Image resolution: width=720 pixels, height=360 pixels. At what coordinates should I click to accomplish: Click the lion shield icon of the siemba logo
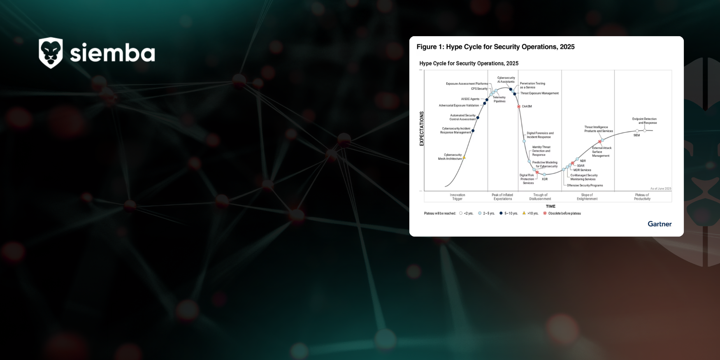click(51, 53)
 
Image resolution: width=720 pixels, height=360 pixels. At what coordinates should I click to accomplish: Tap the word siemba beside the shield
click(112, 53)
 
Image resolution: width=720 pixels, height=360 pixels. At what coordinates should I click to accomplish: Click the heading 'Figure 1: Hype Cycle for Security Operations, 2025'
click(495, 47)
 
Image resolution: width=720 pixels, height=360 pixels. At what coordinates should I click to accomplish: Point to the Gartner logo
click(660, 224)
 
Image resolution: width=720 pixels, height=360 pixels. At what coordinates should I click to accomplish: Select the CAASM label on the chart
click(527, 107)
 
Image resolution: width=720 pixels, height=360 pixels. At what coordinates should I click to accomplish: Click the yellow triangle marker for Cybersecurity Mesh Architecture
click(464, 158)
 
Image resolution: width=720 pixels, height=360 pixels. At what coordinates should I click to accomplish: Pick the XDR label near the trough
click(545, 179)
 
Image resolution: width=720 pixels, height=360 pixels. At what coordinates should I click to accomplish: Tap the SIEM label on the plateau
click(636, 135)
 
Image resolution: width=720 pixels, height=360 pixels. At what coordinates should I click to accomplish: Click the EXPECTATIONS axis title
click(421, 128)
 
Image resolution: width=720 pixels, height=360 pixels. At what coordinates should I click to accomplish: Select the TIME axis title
click(550, 207)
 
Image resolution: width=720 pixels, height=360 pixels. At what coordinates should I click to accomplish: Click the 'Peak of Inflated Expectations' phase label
click(502, 197)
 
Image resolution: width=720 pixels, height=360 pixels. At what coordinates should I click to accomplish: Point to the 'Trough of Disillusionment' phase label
click(540, 197)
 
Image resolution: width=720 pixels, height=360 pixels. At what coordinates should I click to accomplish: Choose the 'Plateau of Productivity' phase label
click(642, 197)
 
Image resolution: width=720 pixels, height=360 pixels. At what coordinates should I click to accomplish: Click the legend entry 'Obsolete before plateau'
click(564, 214)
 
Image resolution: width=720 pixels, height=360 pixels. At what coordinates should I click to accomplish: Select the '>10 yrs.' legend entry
click(532, 214)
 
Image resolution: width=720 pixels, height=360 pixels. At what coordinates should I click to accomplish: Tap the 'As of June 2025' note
click(660, 189)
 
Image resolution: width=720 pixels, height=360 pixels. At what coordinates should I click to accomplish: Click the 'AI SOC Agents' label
click(470, 99)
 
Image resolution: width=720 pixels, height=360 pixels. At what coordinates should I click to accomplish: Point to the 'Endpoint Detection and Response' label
click(645, 121)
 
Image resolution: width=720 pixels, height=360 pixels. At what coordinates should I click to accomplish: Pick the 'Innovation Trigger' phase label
click(458, 197)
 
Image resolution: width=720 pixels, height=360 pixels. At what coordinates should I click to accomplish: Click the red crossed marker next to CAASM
click(519, 107)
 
